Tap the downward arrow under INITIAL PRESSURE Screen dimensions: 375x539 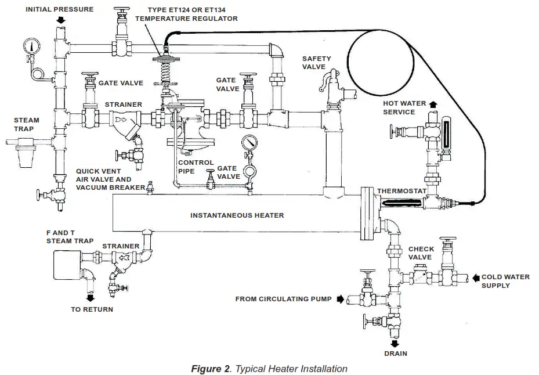61,21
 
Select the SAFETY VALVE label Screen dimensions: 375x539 316,63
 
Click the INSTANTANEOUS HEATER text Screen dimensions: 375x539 237,215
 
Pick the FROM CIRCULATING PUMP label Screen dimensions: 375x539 283,300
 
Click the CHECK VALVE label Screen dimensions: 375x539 421,253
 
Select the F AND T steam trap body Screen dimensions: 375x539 67,265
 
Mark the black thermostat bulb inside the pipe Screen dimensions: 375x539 400,203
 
